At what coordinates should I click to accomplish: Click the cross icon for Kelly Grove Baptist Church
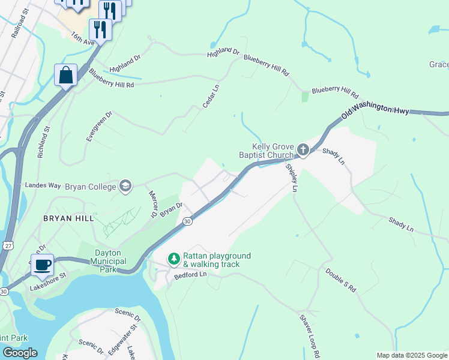coord(303,149)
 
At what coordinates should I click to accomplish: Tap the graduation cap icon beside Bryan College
coord(125,187)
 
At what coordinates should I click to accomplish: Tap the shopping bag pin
coord(66,75)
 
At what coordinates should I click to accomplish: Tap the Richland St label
coord(43,142)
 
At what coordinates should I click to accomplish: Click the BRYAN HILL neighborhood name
coord(68,219)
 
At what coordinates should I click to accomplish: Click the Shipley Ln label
coord(291,178)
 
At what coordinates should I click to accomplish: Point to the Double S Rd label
coord(341,280)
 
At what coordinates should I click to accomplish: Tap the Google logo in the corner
coord(20,353)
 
